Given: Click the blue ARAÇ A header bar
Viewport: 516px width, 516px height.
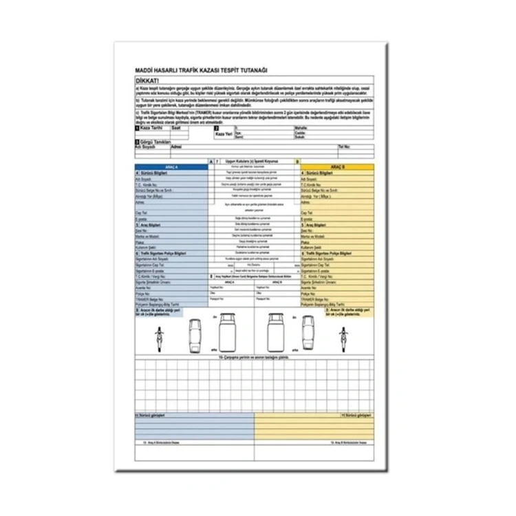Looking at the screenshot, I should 171,166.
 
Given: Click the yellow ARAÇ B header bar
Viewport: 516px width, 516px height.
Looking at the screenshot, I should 337,166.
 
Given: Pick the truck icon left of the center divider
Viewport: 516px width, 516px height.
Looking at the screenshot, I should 228,334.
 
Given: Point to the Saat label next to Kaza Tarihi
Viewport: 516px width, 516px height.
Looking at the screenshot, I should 176,128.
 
